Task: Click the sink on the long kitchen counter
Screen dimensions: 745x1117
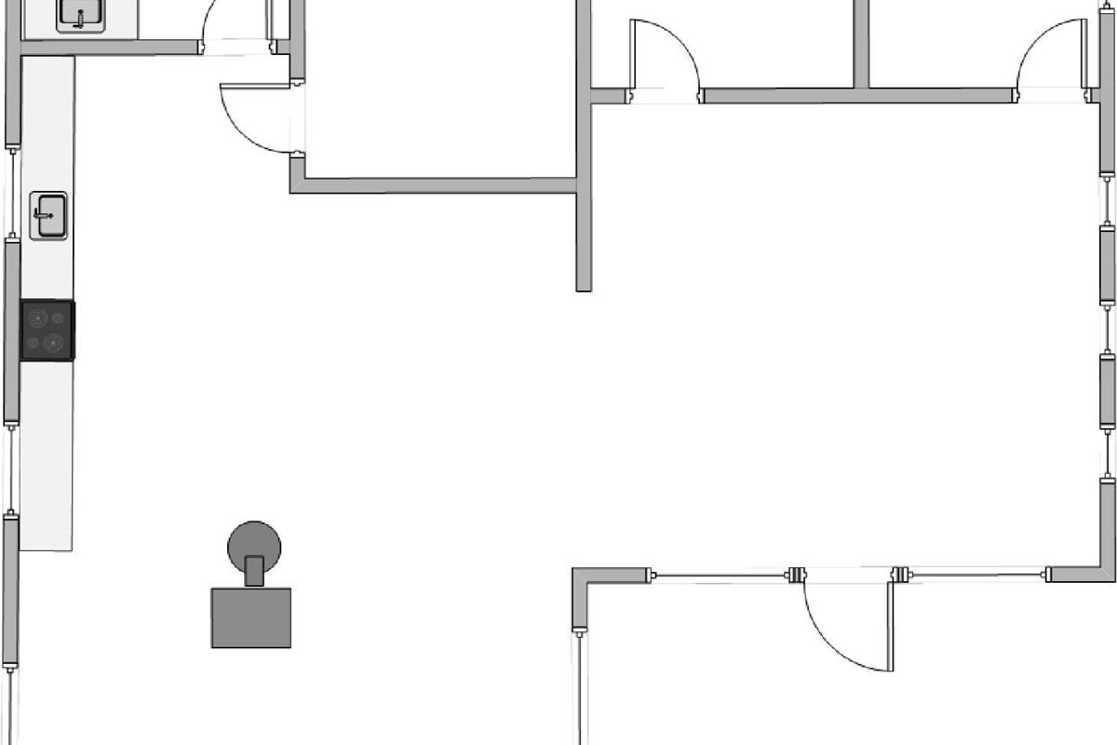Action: point(48,215)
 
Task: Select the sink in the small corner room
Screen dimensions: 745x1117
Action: point(79,14)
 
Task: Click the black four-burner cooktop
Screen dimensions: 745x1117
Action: point(47,331)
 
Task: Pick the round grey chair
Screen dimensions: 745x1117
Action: point(254,544)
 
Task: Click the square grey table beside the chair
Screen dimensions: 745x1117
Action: point(251,616)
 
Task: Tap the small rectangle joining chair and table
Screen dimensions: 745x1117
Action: point(254,570)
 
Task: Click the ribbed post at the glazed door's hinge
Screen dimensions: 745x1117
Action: point(899,575)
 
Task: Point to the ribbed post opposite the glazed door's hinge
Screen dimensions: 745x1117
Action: point(797,575)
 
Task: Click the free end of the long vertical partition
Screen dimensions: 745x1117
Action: point(584,284)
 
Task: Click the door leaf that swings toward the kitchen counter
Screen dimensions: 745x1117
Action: point(257,86)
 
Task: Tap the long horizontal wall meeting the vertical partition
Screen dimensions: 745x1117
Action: point(437,185)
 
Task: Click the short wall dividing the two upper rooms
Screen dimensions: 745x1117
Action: point(861,42)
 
